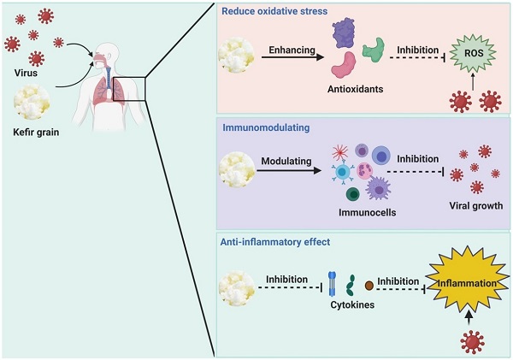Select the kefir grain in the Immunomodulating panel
(236, 168)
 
